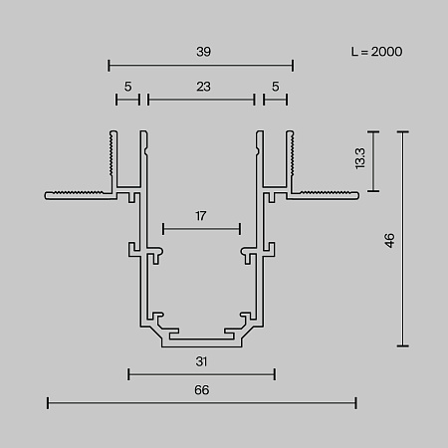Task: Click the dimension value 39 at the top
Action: [x=203, y=52]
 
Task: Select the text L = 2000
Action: [x=376, y=52]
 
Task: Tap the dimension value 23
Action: [x=203, y=87]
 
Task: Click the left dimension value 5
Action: [x=128, y=87]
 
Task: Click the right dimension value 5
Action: [x=276, y=87]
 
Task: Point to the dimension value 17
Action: [x=201, y=216]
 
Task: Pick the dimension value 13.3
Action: [x=359, y=158]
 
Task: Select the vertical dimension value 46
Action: [x=389, y=240]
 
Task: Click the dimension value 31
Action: [x=201, y=361]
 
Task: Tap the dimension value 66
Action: [x=202, y=390]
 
